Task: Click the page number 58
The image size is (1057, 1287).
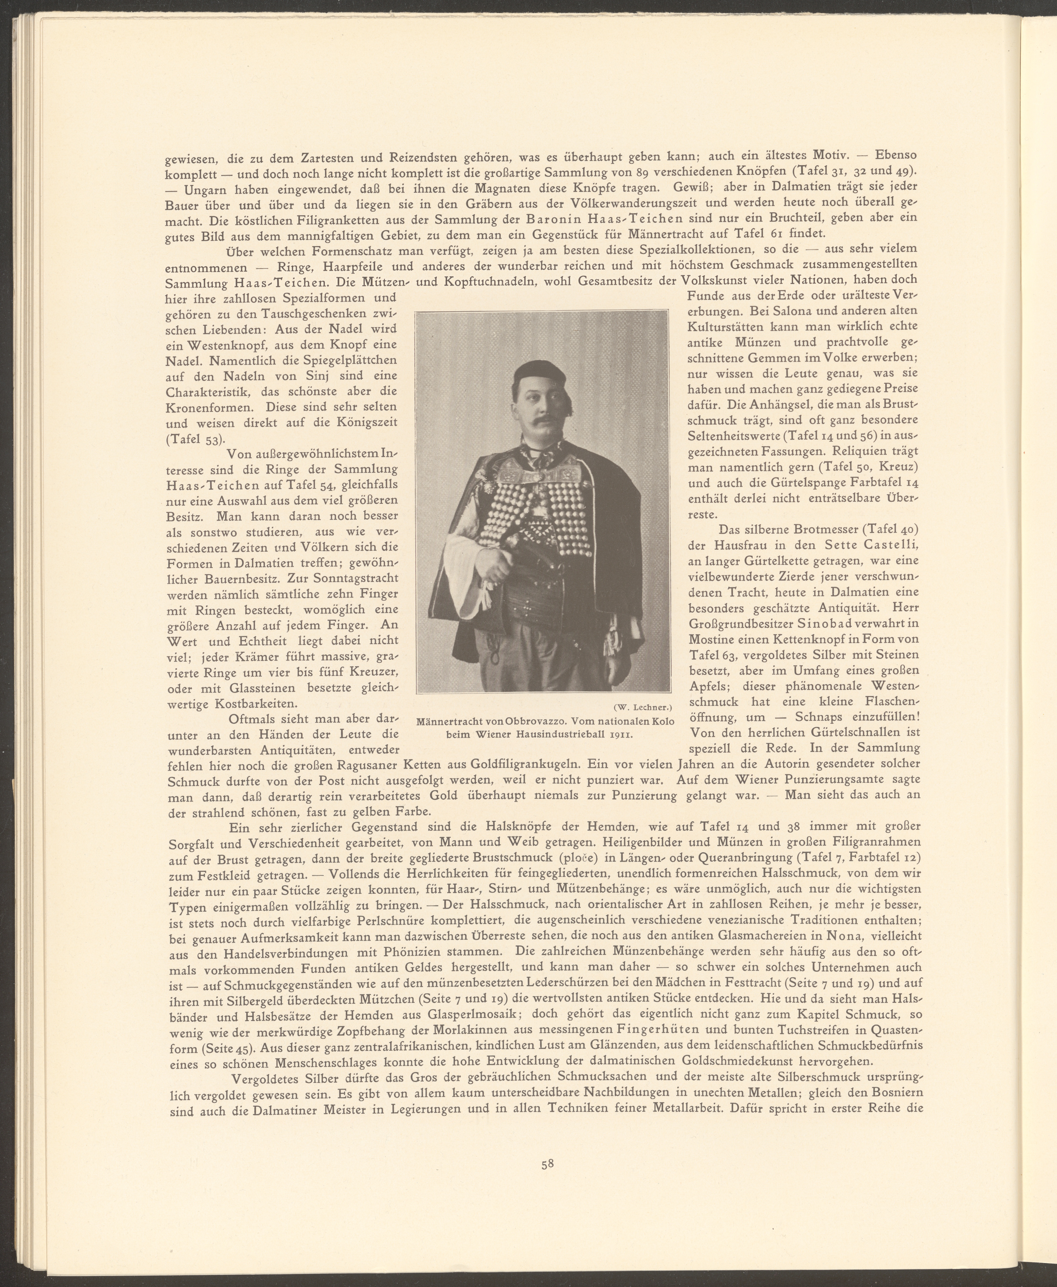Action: click(x=547, y=1181)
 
